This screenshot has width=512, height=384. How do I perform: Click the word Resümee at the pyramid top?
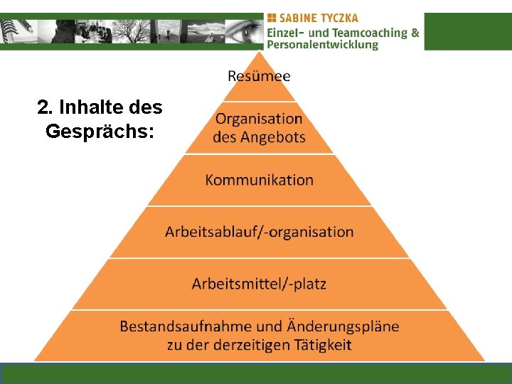click(259, 75)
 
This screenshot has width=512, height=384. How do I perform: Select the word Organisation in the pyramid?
click(259, 119)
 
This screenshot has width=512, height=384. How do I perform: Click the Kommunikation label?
click(259, 180)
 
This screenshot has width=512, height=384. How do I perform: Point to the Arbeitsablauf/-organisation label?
click(259, 232)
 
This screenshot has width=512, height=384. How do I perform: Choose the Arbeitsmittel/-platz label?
click(259, 284)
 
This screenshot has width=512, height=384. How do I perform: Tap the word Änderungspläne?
click(343, 326)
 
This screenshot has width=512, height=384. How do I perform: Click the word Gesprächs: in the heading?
click(100, 132)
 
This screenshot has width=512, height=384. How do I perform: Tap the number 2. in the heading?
click(44, 108)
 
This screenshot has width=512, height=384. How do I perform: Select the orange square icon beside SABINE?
click(272, 18)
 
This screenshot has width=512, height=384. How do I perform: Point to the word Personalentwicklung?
click(323, 45)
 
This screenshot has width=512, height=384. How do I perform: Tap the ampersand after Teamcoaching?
click(415, 33)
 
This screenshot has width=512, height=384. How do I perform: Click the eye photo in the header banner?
click(242, 31)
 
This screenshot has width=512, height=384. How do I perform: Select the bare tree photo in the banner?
click(132, 31)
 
